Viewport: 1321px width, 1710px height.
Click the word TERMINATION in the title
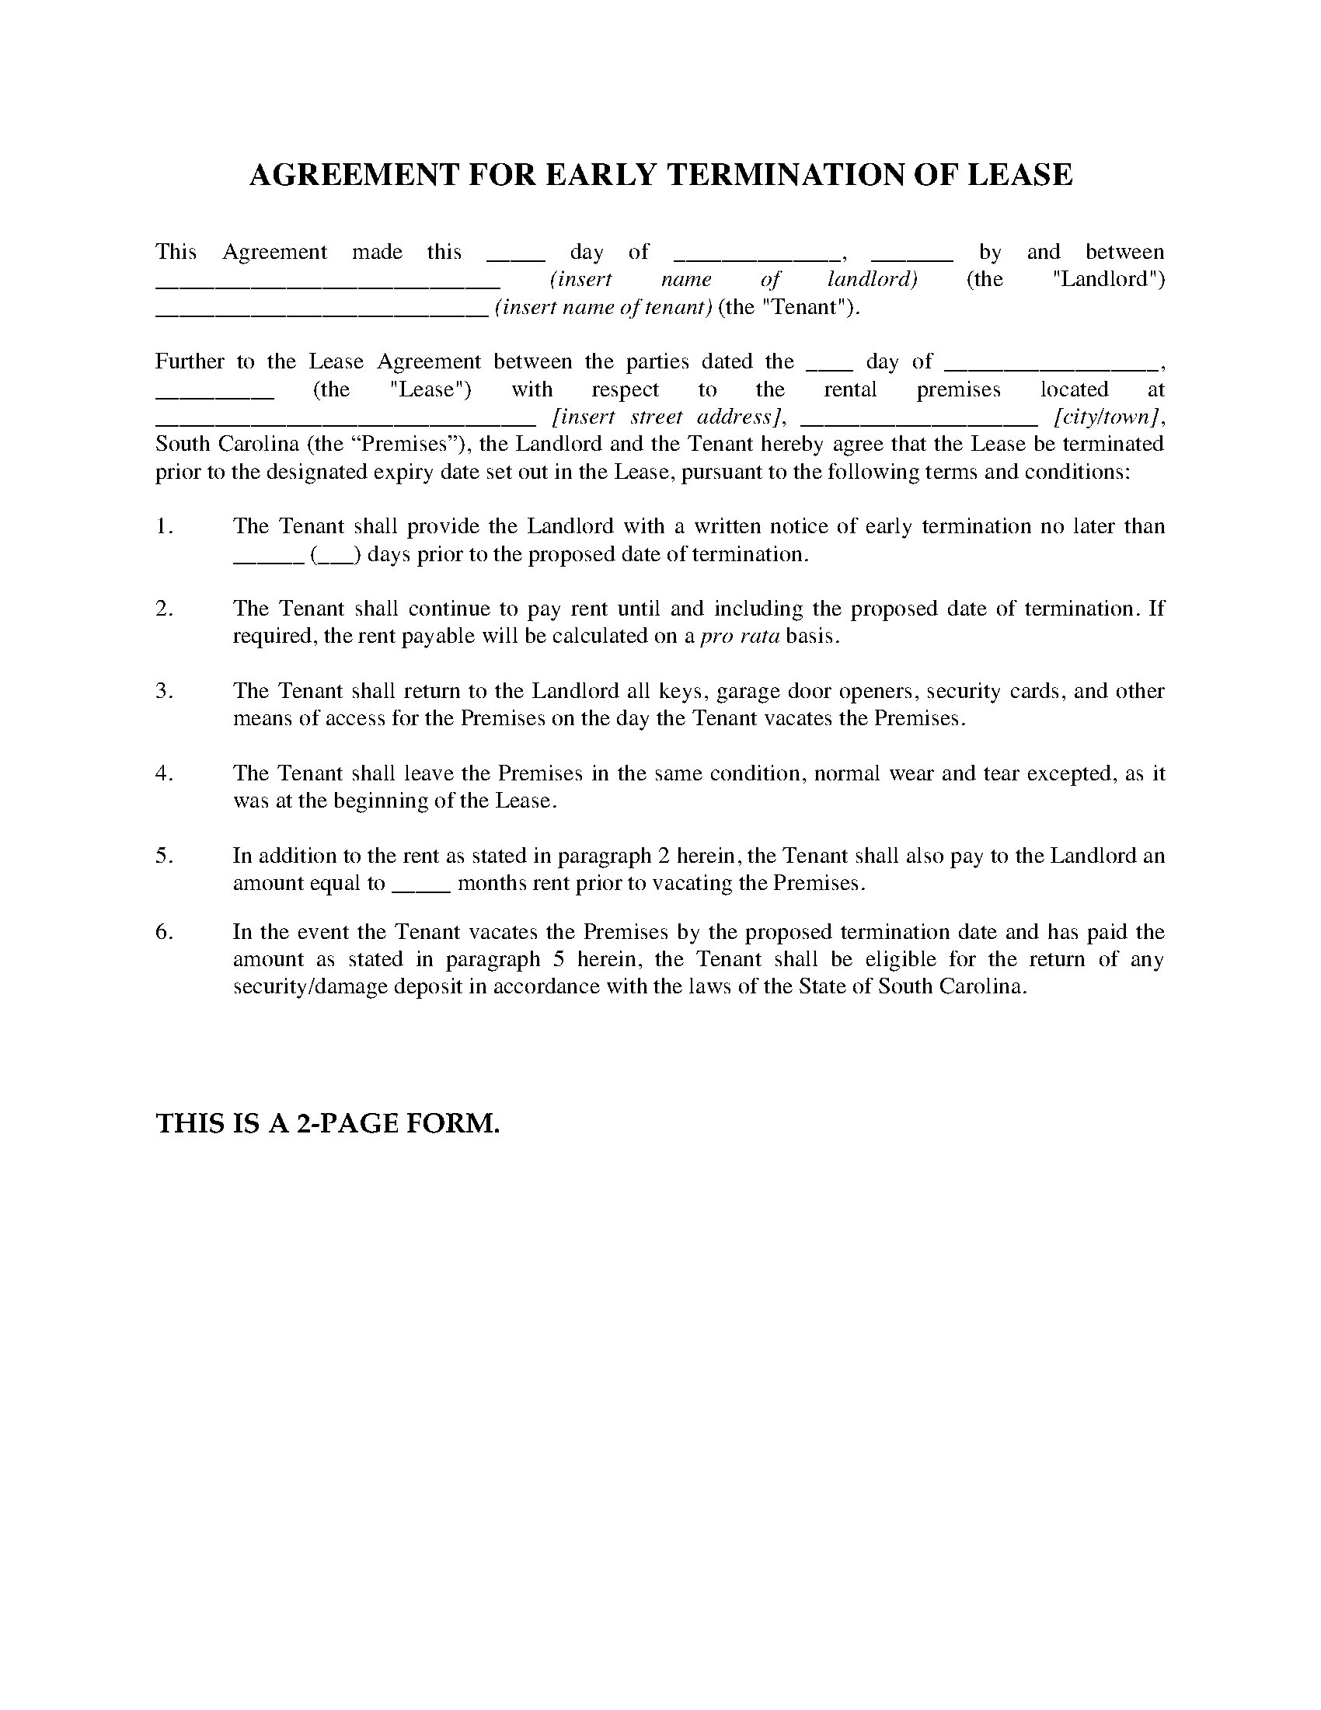pos(784,175)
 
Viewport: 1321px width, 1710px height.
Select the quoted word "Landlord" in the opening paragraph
pos(1109,280)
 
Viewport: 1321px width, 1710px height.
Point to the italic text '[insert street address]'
pos(669,417)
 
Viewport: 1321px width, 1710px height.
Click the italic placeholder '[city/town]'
pos(1106,417)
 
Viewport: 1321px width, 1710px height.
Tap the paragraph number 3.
pos(163,690)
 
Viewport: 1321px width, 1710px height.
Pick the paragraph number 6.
pos(163,932)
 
